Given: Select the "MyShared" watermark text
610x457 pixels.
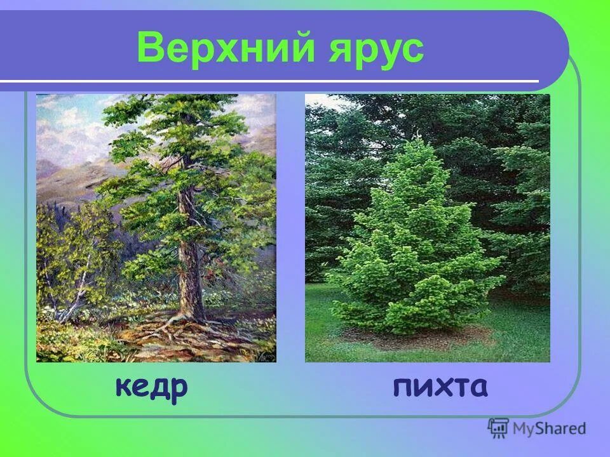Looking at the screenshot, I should [x=549, y=428].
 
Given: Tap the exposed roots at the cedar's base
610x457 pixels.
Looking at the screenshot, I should [x=172, y=330].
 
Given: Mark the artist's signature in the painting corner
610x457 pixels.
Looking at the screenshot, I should [x=267, y=357].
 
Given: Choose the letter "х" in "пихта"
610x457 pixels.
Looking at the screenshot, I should [x=441, y=387].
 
